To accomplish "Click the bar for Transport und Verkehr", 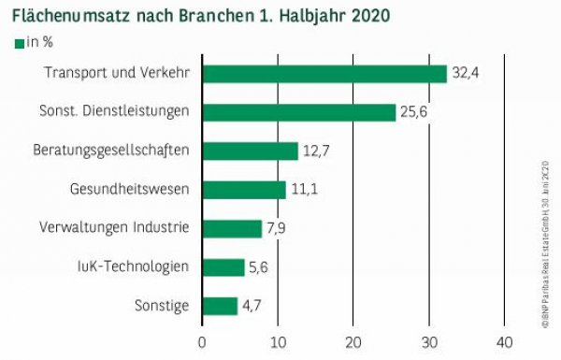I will pos(324,74).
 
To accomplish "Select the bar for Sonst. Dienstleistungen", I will pos(299,112).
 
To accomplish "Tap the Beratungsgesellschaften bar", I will pos(250,151).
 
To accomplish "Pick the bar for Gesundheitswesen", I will pos(244,190).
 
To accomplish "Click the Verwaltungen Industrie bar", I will pos(232,228).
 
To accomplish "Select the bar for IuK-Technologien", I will pos(223,267).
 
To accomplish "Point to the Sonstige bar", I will pos(220,306).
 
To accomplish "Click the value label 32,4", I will pos(465,74).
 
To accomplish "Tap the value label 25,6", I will pos(413,112).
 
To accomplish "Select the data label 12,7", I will pos(316,151).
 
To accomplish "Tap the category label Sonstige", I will pos(163,306).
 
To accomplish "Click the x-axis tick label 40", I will pos(504,341).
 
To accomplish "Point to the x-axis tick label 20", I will pos(353,341).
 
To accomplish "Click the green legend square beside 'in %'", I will pos(19,44).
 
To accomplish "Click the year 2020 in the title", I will pos(371,16).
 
